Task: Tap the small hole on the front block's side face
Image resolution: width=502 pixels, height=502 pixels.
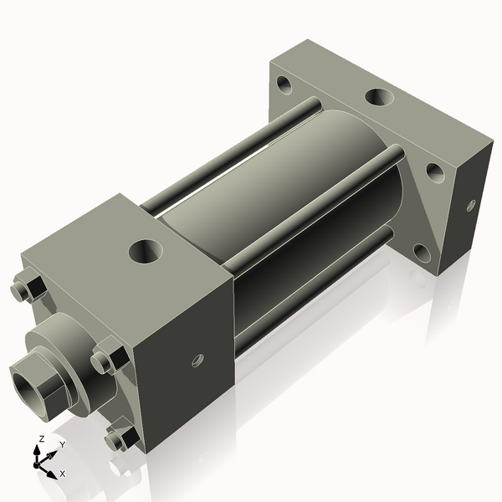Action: [197, 360]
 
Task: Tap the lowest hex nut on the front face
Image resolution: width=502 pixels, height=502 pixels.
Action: [121, 438]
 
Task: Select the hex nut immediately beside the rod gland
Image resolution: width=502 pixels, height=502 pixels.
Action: [108, 359]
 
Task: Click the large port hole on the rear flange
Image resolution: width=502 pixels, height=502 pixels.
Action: [379, 98]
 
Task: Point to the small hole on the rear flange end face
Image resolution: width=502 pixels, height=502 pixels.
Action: [471, 205]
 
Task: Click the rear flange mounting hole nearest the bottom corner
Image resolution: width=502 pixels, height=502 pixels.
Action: [423, 250]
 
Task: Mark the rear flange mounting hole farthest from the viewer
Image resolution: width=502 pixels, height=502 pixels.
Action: [285, 85]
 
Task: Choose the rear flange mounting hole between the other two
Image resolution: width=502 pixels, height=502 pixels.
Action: [435, 172]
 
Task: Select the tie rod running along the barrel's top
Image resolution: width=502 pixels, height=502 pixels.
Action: [226, 159]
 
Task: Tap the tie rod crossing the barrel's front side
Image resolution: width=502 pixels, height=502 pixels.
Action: [310, 213]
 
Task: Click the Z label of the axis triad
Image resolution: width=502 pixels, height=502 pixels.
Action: [42, 439]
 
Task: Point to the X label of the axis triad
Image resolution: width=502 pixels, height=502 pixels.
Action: [63, 474]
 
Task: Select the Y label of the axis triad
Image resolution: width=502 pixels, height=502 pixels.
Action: [62, 444]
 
